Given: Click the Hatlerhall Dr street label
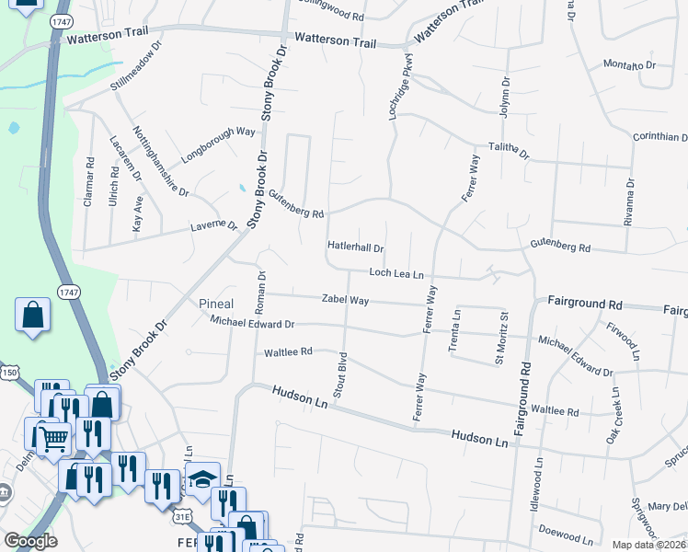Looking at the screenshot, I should point(355,247).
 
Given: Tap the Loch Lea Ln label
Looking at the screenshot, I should point(396,273).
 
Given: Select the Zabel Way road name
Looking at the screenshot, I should point(345,300).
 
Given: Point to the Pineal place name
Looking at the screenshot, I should point(216,304).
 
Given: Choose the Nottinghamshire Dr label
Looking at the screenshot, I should point(160,162).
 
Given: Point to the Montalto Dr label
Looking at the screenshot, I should point(629,65).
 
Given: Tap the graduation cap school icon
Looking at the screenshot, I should point(202,477).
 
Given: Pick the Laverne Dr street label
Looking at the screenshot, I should point(213,225).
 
